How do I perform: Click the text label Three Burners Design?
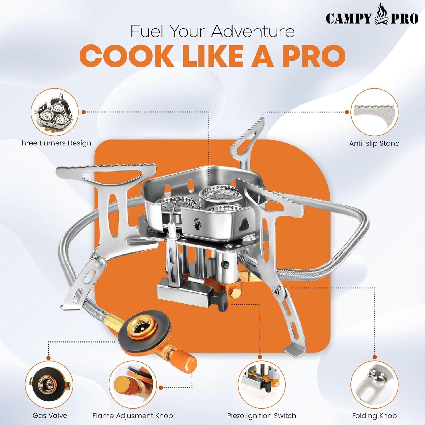(55, 143)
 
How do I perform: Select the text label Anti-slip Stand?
(374, 143)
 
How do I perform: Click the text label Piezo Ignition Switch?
(261, 416)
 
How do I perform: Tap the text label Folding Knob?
(374, 416)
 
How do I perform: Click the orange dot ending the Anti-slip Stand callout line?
(347, 112)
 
